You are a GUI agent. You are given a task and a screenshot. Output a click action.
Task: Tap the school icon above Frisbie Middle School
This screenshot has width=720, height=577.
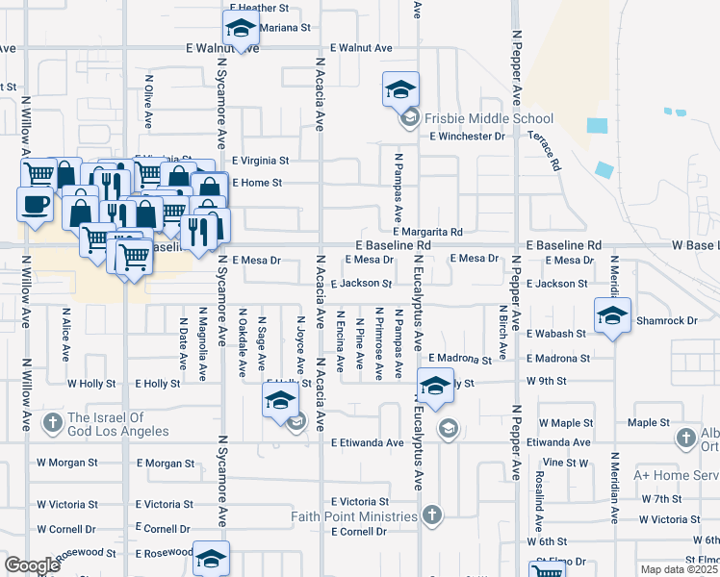[400, 90]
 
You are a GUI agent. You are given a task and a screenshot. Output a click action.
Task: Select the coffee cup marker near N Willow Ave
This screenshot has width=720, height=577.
[35, 205]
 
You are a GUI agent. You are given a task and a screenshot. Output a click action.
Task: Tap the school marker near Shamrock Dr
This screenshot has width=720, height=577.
[612, 316]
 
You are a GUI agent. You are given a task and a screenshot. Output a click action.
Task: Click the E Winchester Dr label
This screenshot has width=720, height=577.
[468, 137]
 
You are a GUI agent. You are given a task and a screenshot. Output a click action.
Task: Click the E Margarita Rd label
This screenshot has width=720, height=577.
[428, 232]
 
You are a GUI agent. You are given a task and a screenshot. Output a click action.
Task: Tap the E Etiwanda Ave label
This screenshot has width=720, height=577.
[367, 443]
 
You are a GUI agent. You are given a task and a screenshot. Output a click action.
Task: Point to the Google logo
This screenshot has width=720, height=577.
[32, 565]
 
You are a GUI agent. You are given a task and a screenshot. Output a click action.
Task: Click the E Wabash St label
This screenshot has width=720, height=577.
[556, 334]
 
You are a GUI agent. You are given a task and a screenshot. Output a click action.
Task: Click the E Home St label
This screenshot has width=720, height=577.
[256, 183]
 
